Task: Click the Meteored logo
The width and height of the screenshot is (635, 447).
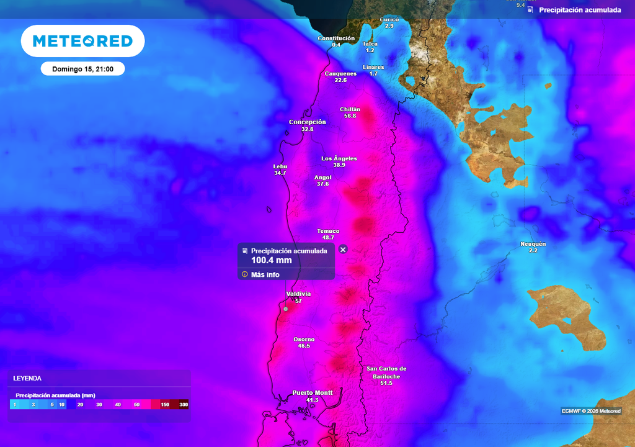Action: tap(82, 41)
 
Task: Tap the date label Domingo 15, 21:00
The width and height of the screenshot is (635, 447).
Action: tap(82, 69)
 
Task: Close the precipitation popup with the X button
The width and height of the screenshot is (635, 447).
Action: tap(343, 249)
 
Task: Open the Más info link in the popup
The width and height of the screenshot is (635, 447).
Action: tap(265, 274)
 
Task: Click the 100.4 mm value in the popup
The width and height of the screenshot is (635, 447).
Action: tap(271, 260)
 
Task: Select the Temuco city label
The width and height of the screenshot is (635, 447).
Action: tap(328, 231)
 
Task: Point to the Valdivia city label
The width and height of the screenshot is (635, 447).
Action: tap(298, 294)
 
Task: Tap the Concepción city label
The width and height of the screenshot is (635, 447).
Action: tap(307, 122)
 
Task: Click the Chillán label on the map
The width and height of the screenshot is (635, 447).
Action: tap(350, 109)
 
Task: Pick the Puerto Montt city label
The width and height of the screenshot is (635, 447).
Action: tap(313, 392)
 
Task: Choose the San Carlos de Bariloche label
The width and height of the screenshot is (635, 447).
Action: tap(386, 372)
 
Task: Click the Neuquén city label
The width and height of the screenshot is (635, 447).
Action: tap(533, 244)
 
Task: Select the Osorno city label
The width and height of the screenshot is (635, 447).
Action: tap(304, 339)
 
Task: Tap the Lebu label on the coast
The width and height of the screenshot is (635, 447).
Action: tap(280, 166)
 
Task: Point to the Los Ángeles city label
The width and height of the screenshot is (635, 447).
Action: tap(339, 158)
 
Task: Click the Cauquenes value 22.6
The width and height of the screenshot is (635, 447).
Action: tap(340, 80)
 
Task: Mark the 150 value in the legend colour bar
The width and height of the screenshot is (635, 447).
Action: tap(164, 405)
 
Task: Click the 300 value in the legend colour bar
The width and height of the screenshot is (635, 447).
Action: tap(183, 405)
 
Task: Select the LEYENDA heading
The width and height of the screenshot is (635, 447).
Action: tap(27, 378)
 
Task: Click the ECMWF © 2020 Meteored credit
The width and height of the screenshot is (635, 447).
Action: tap(590, 411)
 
